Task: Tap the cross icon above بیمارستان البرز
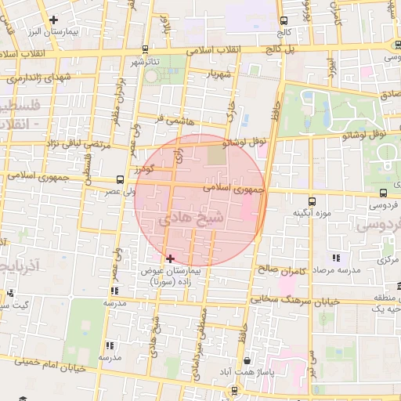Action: pos(53,20)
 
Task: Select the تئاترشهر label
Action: pos(145,62)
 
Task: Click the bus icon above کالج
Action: pos(283,20)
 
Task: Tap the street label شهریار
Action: pos(220,75)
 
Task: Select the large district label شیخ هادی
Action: pos(193,219)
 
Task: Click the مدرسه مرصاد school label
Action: pos(337,269)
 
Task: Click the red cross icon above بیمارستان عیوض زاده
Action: pos(170,258)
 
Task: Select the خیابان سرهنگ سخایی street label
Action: pos(305,300)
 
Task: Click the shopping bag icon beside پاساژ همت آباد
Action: pos(247,360)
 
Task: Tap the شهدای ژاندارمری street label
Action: pos(38,77)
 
